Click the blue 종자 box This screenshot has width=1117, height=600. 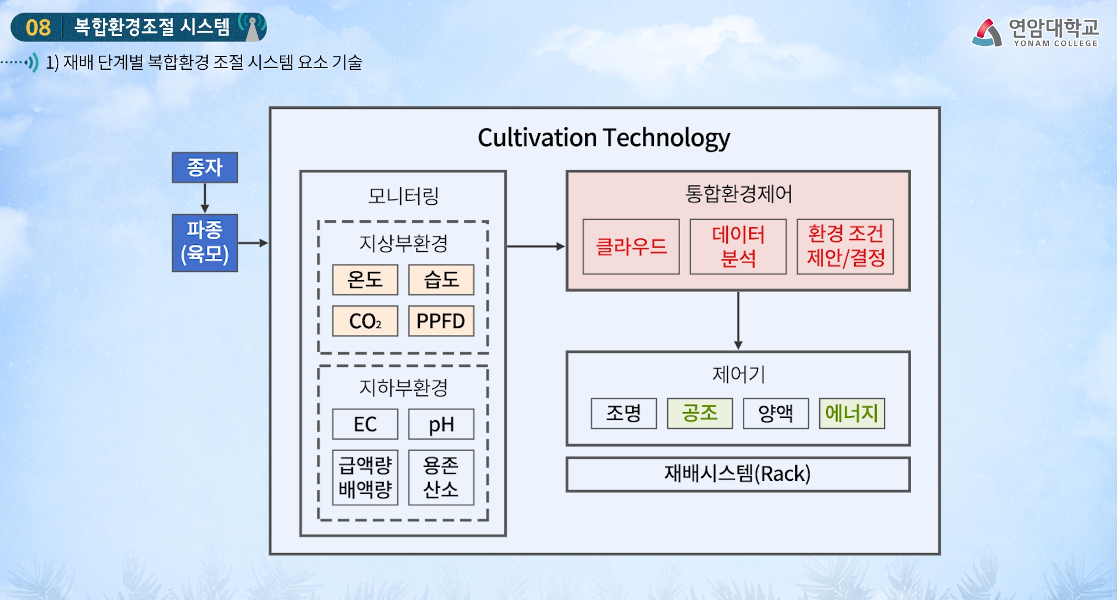205,167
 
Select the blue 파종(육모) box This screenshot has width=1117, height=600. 205,242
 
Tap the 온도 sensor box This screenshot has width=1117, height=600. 365,280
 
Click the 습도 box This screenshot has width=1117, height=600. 441,280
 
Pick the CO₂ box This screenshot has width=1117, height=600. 365,321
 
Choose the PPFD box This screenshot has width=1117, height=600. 441,321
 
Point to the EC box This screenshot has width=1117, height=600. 365,424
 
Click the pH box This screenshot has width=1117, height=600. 441,424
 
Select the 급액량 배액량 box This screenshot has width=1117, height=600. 365,477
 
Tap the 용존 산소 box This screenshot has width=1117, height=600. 441,477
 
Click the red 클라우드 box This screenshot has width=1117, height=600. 631,247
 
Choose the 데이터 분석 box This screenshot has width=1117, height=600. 738,247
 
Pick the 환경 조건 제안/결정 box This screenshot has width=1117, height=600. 845,247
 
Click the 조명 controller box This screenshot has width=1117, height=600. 624,413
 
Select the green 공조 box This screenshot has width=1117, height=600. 699,413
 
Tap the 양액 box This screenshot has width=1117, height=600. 776,413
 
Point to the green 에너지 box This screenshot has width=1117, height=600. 852,413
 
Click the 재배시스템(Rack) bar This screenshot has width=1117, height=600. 738,474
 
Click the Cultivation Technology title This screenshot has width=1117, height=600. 604,138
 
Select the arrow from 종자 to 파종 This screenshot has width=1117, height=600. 205,198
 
